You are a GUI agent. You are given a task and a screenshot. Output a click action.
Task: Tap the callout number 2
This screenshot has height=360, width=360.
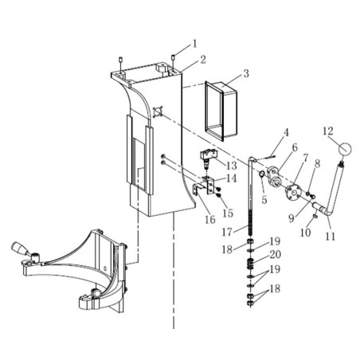[x=204, y=60]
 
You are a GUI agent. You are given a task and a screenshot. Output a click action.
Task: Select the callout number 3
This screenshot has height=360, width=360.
[x=246, y=73]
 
